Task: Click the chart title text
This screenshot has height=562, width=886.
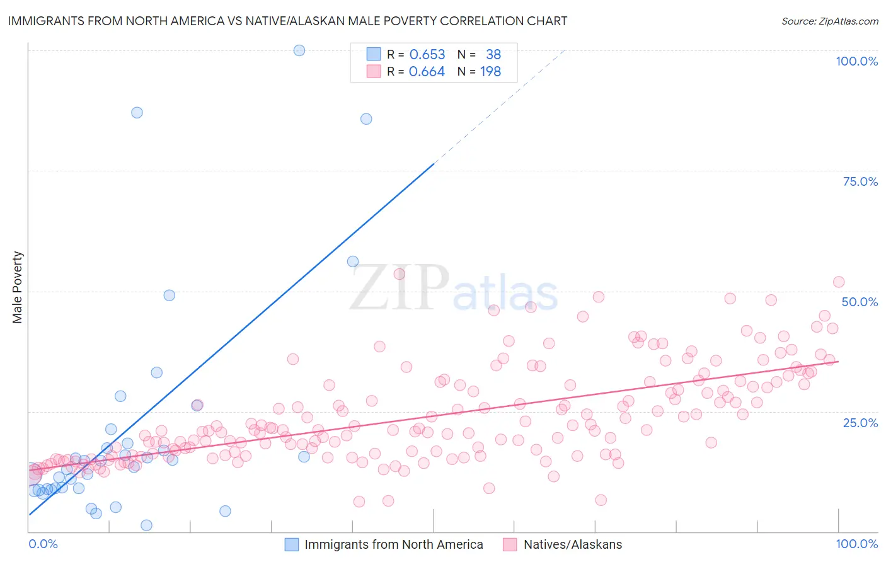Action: [287, 21]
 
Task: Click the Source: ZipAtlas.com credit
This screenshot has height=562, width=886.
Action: [830, 21]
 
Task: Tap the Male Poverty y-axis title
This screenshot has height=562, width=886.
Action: [18, 287]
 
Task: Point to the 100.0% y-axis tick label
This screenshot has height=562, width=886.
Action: [856, 61]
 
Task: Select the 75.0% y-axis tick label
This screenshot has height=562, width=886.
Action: [860, 181]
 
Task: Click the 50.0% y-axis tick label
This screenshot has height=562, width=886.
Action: [860, 302]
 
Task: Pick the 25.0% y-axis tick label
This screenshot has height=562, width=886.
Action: [860, 423]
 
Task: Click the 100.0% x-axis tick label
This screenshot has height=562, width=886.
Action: [856, 544]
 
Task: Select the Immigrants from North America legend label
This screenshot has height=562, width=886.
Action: [394, 544]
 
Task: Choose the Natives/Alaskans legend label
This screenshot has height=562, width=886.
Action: [573, 544]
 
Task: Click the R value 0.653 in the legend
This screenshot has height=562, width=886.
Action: [427, 55]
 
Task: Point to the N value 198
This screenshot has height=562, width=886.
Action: [490, 72]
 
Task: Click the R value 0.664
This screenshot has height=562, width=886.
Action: [427, 72]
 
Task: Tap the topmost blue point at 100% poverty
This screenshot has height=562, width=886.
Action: [299, 50]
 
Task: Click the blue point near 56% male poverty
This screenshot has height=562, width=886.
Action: [353, 261]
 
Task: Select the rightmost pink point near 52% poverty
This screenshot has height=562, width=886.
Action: [838, 282]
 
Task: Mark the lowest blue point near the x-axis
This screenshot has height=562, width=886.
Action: [146, 525]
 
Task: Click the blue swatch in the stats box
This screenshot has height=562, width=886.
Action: [374, 55]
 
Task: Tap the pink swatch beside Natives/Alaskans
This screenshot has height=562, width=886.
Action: [510, 544]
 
